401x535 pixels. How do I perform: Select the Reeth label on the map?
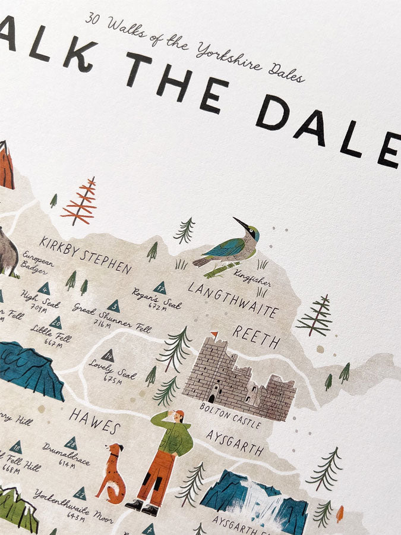[x=256, y=337]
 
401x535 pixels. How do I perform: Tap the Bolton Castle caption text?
[x=230, y=415]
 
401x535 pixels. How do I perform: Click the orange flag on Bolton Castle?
[x=215, y=335]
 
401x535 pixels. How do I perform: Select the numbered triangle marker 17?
[x=159, y=288]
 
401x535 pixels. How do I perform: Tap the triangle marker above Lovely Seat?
[x=108, y=357]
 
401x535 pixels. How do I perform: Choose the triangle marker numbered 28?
[x=71, y=442]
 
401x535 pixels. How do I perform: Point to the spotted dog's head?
[x=113, y=452]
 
